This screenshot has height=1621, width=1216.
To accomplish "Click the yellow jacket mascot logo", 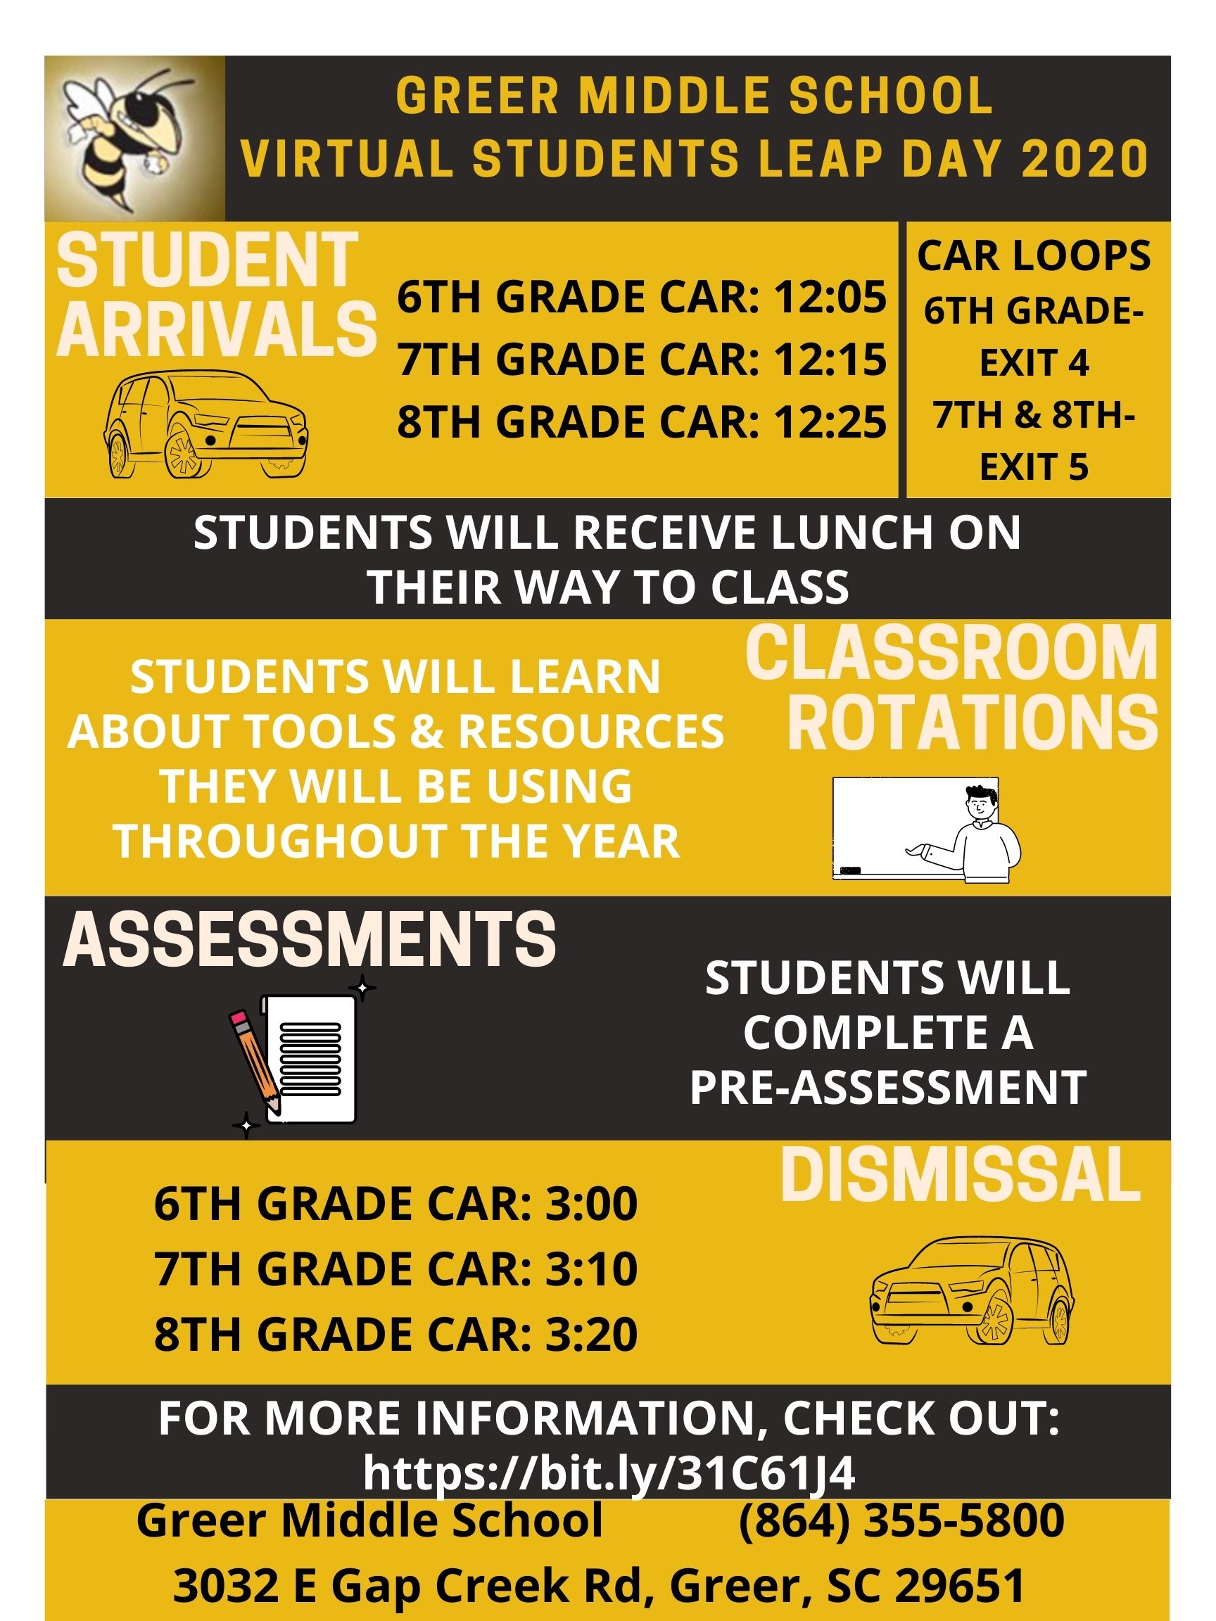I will (134, 138).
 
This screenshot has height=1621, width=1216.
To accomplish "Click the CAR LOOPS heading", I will (1034, 257).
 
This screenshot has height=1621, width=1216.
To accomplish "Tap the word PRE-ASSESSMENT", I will (887, 1087).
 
